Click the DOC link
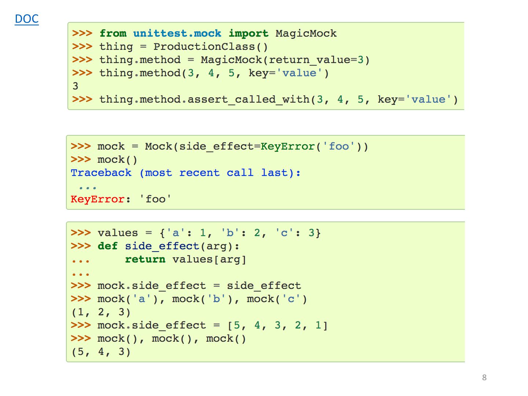click(27, 19)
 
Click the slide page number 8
click(484, 377)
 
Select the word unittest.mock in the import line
click(177, 33)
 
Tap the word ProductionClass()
click(210, 47)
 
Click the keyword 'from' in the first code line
click(113, 33)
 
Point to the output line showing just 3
click(76, 86)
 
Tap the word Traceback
click(101, 173)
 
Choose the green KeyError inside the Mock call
click(288, 146)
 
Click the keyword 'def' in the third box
click(108, 246)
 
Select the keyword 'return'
click(145, 259)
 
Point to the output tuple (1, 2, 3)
click(101, 312)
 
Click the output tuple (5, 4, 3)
click(101, 352)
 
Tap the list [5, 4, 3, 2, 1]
click(278, 325)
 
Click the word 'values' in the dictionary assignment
click(118, 233)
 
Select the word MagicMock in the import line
click(306, 33)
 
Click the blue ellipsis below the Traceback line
click(88, 187)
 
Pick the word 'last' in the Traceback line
click(274, 173)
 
